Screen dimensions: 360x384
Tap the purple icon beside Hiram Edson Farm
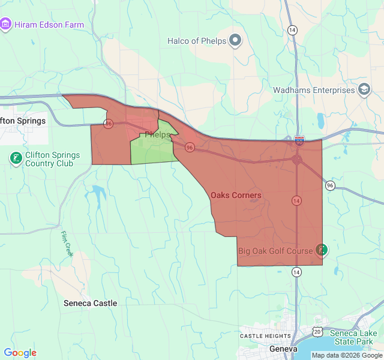coord(6,25)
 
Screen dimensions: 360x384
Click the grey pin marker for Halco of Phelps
coord(235,41)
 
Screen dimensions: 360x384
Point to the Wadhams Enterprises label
coord(314,90)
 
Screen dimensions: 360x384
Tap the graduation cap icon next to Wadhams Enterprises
coord(364,90)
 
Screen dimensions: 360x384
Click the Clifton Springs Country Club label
coord(53,159)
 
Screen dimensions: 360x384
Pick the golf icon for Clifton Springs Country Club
coord(16,158)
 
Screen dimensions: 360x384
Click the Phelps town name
coord(158,135)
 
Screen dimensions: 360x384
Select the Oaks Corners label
coord(236,195)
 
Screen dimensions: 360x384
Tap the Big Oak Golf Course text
coord(275,251)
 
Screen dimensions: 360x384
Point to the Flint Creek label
coord(67,244)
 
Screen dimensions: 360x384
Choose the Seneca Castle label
coord(91,303)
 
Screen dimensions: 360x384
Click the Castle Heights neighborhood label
coord(265,336)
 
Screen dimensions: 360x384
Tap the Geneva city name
coord(283,349)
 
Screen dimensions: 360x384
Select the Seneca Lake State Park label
coord(356,337)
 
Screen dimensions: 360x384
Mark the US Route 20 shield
coord(317,331)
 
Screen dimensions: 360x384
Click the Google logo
coord(20,353)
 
